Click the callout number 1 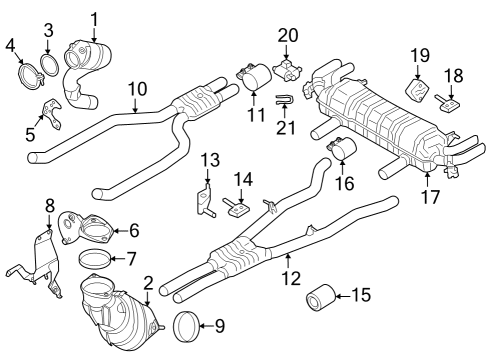pyautogui.click(x=94, y=17)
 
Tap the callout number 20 pyautogui.click(x=288, y=35)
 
